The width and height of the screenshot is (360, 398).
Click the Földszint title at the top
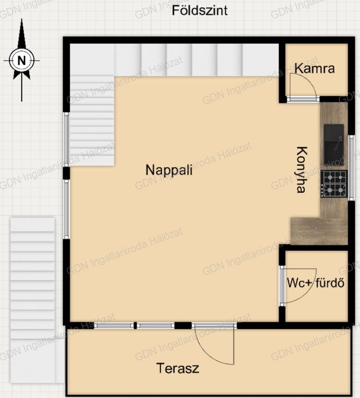tap(200, 10)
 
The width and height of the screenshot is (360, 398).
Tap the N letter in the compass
tap(22, 60)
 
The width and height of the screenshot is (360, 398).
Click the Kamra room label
tap(315, 68)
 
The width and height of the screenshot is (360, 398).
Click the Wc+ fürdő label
tap(316, 283)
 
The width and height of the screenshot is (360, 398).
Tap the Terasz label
tap(177, 368)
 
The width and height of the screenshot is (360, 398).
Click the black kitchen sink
tap(334, 145)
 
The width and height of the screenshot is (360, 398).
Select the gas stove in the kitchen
tap(334, 184)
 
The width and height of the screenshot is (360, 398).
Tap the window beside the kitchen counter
tap(351, 168)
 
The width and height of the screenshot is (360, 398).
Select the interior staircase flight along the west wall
tap(92, 120)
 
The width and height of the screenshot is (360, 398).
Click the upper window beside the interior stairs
tap(66, 140)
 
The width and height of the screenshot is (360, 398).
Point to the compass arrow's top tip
tap(22, 18)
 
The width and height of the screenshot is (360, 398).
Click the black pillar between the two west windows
tap(66, 173)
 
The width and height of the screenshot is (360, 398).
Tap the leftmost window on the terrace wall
tap(114, 325)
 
